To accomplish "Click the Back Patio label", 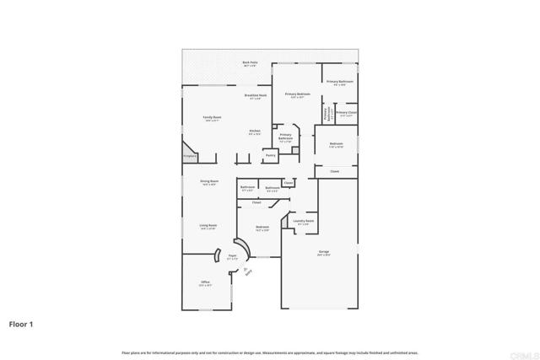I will (x=250, y=62).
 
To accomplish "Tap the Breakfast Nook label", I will (x=256, y=96).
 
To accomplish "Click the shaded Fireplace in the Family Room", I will (x=190, y=156).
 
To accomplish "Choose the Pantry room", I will (x=270, y=155).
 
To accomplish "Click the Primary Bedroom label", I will (x=297, y=94).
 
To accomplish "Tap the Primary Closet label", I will (x=346, y=113).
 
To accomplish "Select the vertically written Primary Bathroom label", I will (x=327, y=114).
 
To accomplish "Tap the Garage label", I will (x=323, y=252).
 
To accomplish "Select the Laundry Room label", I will (x=305, y=222).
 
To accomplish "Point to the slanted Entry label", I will (x=248, y=271).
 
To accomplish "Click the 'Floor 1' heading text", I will (x=22, y=323).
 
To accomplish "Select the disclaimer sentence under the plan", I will (x=269, y=352).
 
